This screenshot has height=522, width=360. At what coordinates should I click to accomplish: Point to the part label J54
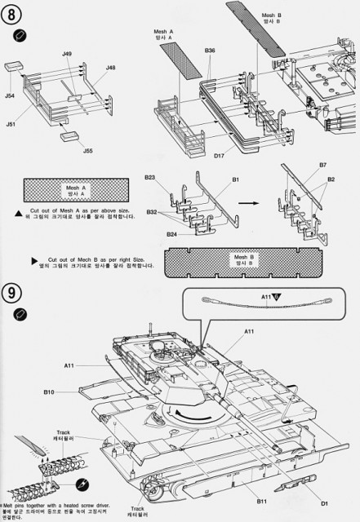(10, 96)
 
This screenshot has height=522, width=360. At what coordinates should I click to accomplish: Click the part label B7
(322, 188)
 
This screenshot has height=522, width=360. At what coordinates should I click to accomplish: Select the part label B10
(49, 392)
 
